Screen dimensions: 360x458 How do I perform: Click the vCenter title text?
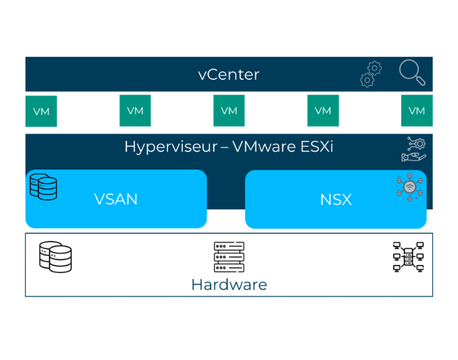pos(228,75)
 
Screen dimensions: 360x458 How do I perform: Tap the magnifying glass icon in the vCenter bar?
pos(412,73)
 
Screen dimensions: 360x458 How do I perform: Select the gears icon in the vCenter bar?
pos(371,74)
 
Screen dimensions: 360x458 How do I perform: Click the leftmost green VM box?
pos(41,111)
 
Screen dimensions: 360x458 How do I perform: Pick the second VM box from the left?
pos(135,111)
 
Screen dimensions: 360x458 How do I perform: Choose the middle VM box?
pos(229,111)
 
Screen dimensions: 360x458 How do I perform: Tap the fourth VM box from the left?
pos(323,111)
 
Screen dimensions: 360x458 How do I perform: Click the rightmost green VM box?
pos(417,111)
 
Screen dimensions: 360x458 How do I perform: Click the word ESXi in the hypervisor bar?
pos(315,147)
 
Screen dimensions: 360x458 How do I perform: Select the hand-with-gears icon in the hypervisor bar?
pos(413,149)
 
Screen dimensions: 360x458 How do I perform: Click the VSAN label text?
pos(116,199)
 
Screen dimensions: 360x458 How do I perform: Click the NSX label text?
pos(336,199)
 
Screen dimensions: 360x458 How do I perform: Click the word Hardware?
pos(229,285)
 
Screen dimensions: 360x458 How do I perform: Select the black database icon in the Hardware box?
pos(56,257)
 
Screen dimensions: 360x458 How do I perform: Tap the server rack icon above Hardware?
pos(229,257)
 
